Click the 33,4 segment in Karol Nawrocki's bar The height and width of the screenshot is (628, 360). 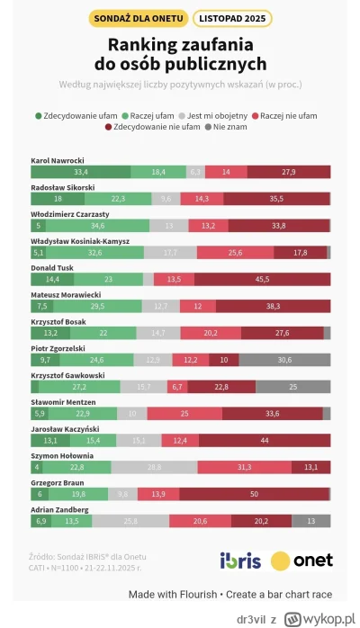(x=80, y=171)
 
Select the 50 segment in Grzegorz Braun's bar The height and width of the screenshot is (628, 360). (x=255, y=493)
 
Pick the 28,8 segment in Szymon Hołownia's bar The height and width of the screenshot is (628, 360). (x=154, y=466)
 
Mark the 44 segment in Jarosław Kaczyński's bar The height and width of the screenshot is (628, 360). (x=264, y=440)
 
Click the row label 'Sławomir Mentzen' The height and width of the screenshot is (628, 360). (x=62, y=401)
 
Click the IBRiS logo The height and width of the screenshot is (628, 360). (x=240, y=561)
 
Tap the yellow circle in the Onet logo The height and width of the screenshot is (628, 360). (x=280, y=561)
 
